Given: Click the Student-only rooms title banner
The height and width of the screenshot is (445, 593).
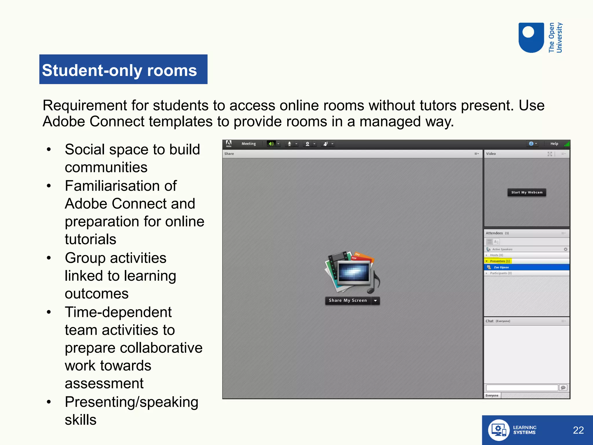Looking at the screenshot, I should coord(123,70).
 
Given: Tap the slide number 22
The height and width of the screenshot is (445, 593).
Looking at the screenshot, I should coord(578,430).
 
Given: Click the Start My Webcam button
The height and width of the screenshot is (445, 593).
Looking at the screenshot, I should coord(527,192).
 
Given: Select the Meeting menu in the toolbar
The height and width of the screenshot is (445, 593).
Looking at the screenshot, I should coord(249,144).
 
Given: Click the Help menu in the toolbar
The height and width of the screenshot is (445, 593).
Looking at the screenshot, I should coord(554,144).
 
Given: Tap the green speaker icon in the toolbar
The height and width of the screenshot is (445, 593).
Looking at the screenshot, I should coord(271,144).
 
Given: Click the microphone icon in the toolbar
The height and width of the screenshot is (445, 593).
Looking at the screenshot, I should coord(289,144).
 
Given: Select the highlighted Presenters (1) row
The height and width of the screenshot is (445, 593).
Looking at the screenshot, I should coord(499,261).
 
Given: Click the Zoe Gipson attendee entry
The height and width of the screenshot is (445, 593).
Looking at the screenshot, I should coord(501,267).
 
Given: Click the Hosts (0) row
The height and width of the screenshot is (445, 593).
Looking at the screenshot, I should coord(496,255).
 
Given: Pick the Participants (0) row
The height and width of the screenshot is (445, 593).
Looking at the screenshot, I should coord(501,273).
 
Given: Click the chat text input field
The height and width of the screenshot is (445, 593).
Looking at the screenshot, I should coord(522,388).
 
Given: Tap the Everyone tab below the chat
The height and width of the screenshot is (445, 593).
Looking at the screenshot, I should coord(492,395).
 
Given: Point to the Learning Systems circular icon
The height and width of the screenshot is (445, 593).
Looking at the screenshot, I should coord(498,430).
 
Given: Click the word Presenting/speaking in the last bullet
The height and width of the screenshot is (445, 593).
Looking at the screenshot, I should coord(131,402).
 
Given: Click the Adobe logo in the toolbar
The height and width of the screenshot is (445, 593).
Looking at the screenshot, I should coord(229,144).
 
